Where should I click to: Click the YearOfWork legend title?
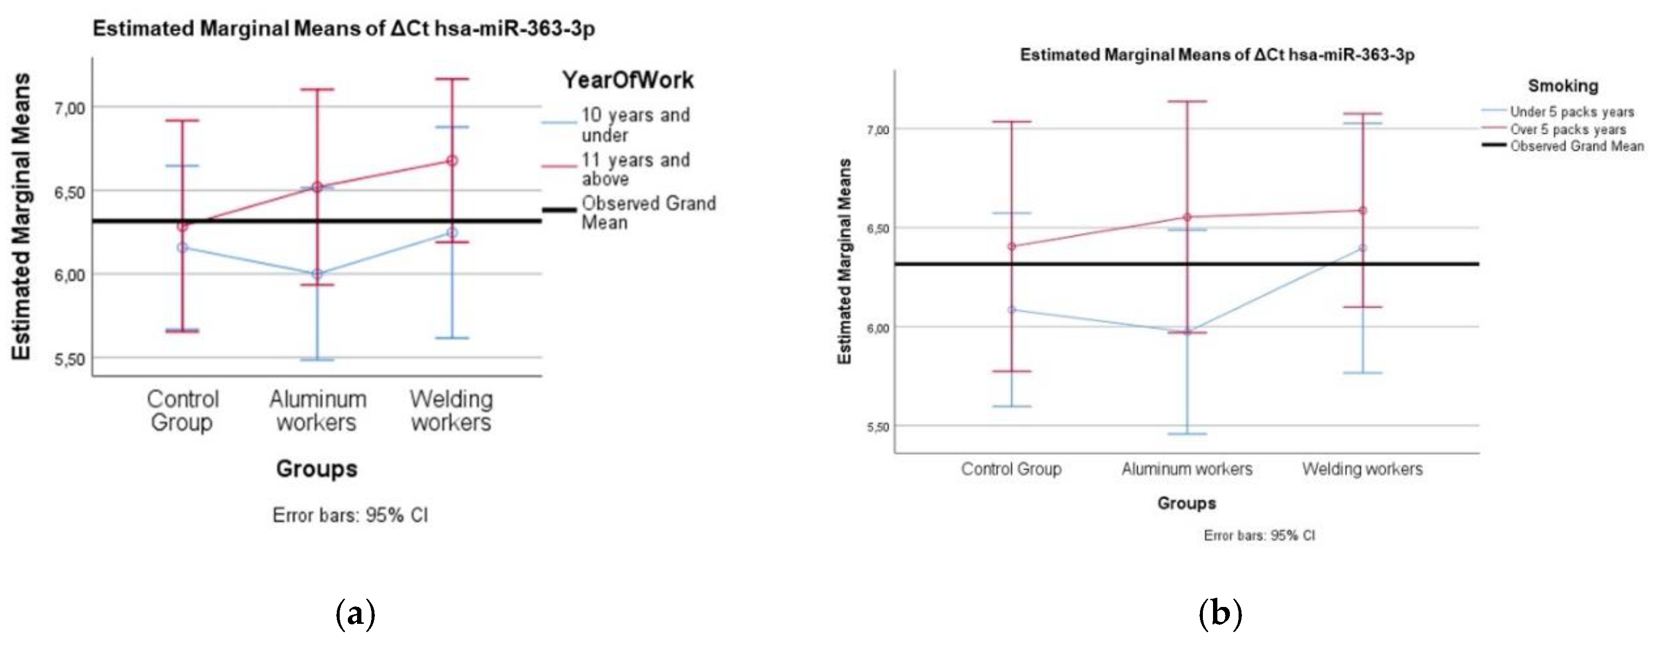628,80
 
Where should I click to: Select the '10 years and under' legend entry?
635,125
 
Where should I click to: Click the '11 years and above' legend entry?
635,169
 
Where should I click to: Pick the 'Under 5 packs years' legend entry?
1572,112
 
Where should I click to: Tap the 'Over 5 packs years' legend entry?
1568,129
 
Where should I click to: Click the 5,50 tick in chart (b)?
877,427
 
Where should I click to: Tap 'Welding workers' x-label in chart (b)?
1362,469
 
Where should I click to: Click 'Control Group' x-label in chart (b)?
1011,469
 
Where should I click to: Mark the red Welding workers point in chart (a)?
452,160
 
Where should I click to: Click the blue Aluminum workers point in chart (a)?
317,274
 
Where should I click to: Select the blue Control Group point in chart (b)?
1012,310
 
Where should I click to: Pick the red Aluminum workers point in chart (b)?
1186,217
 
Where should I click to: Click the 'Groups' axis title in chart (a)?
316,469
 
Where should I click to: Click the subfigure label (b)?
1220,614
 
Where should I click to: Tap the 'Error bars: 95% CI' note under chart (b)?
1259,535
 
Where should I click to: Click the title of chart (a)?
344,28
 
